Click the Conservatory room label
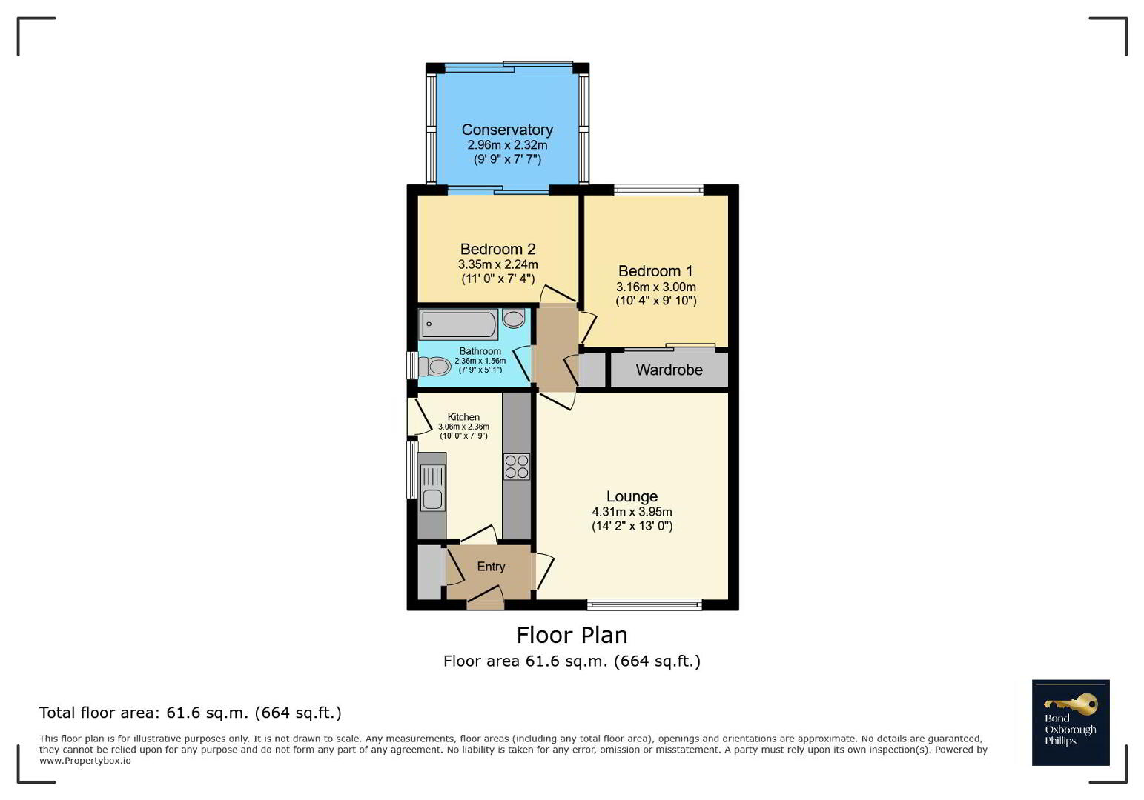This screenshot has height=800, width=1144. [x=507, y=130]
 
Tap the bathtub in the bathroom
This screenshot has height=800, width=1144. [x=458, y=324]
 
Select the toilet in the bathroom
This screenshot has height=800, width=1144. [x=434, y=366]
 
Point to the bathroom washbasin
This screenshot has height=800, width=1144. [x=513, y=319]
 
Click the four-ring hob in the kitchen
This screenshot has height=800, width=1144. [x=516, y=467]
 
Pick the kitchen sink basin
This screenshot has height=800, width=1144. [x=432, y=499]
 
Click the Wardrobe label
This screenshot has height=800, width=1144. [x=669, y=370]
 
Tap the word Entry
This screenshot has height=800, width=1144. [x=491, y=567]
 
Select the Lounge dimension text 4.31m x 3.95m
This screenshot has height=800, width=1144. [x=632, y=512]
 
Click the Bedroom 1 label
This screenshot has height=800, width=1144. [x=655, y=271]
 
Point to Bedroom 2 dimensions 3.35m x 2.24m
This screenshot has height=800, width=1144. [x=498, y=264]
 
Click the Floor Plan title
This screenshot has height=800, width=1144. [x=572, y=636]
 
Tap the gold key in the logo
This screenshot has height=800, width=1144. [x=1071, y=704]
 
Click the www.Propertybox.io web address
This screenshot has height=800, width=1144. [x=85, y=761]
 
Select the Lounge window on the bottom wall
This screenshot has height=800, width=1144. [x=644, y=605]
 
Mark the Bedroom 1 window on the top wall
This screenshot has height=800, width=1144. [x=659, y=190]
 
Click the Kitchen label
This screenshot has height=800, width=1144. [x=463, y=417]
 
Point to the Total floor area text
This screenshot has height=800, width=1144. [x=191, y=713]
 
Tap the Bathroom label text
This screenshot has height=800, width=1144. [x=480, y=351]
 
